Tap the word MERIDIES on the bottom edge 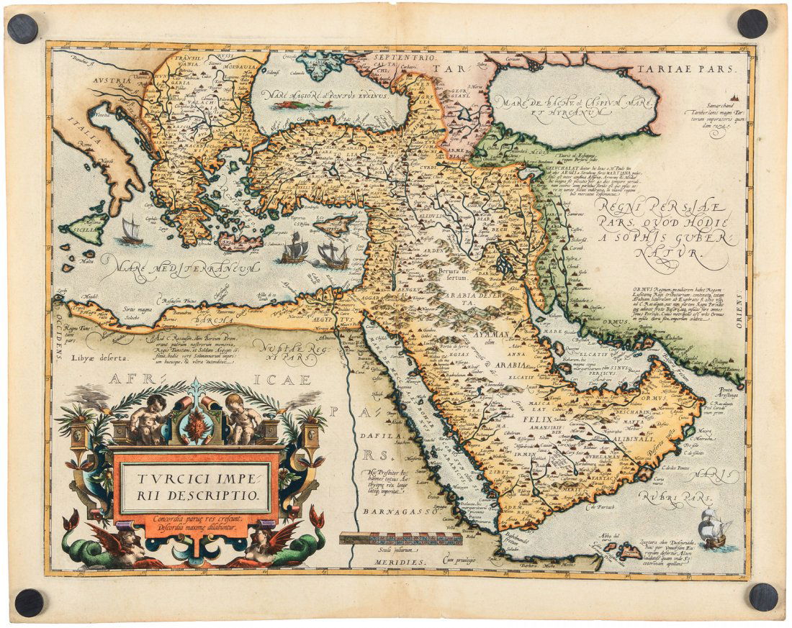400,559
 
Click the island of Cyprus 335,226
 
